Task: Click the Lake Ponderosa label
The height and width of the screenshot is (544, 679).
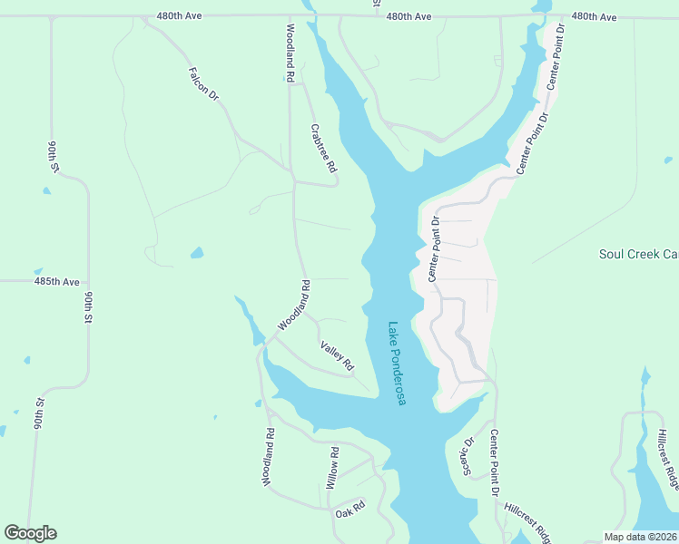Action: pos(396,364)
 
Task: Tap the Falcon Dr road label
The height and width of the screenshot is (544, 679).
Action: pos(204,83)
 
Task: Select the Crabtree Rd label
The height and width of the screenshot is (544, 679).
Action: pos(323,149)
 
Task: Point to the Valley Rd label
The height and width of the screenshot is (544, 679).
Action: pos(336,355)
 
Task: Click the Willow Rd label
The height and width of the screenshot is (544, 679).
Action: pos(334,468)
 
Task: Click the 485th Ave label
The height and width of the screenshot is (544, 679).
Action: pos(57,282)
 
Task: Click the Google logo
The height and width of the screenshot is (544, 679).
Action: pos(30,532)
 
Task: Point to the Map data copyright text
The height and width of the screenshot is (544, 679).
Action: pos(641,537)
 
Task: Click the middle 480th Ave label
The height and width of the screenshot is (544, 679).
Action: pos(408,17)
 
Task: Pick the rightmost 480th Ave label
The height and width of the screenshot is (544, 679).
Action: pos(594,17)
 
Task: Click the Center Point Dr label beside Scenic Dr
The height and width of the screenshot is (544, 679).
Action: pos(495,462)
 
